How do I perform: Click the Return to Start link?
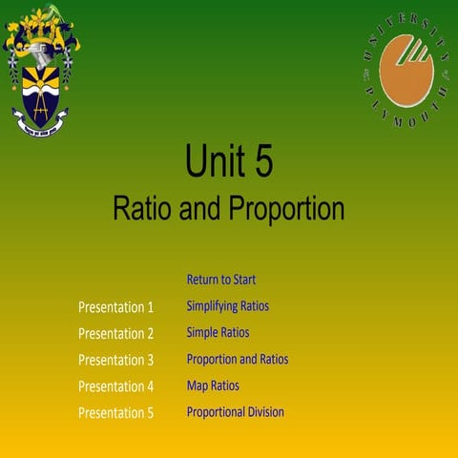220,280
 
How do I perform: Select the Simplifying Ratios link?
227,306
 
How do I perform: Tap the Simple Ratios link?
218,333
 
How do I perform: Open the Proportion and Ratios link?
237,360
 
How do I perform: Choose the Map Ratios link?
213,386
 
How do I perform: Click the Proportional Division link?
235,412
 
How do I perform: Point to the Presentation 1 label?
115,307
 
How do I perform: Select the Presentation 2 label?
115,334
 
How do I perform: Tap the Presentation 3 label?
115,361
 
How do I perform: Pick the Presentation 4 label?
115,387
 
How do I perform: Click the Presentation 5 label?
115,413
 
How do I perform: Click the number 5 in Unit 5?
263,162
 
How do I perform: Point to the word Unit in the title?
216,162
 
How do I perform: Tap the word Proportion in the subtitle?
284,208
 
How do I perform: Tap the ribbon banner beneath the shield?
41,122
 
